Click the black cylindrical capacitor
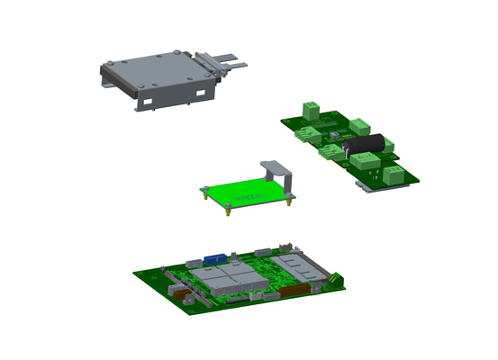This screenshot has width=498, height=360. click(368, 145)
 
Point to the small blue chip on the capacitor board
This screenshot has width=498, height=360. click(335, 136)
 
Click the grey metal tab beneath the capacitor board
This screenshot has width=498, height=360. click(365, 185)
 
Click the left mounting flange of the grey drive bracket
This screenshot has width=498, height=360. click(108, 77)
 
